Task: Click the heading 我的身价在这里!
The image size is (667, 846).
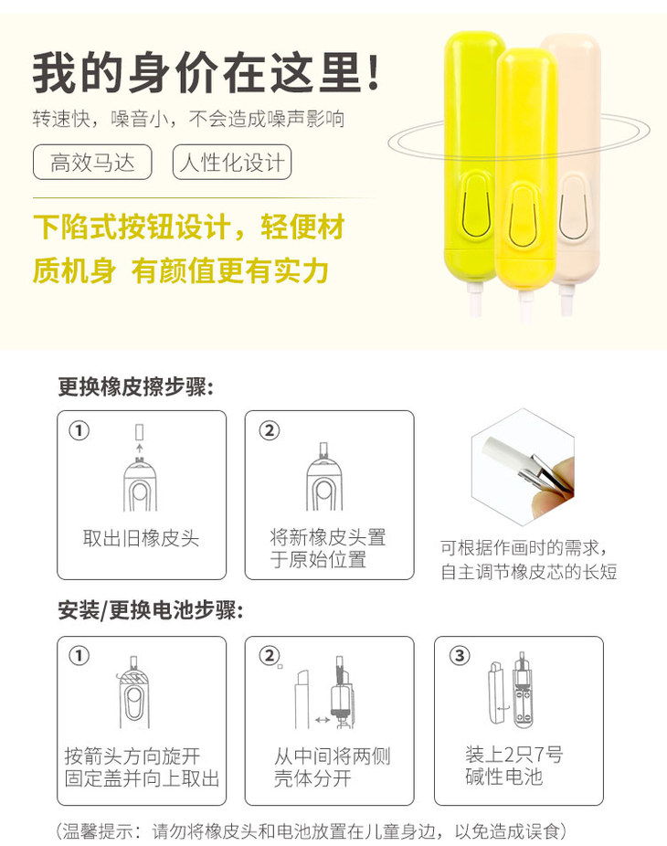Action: point(206,72)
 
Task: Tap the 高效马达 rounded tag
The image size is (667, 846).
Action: point(92,162)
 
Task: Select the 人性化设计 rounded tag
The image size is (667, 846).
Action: point(232,162)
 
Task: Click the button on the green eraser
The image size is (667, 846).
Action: point(475,206)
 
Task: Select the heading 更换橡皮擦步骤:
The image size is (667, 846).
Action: point(135,386)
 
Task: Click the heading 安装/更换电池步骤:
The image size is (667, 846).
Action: point(151,610)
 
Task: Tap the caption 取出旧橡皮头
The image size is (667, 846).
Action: point(141,538)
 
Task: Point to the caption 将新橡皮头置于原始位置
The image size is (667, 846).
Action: point(328,548)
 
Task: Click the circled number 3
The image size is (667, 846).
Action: point(460,656)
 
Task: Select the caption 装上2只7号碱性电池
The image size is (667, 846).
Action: point(513,765)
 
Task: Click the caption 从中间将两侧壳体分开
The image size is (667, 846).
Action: point(332,767)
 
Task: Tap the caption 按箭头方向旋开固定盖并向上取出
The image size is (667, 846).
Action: point(142,767)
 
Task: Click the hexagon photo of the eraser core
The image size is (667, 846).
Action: point(523,467)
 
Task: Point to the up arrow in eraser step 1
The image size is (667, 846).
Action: point(139,449)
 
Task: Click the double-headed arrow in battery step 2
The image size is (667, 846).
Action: point(323,720)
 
